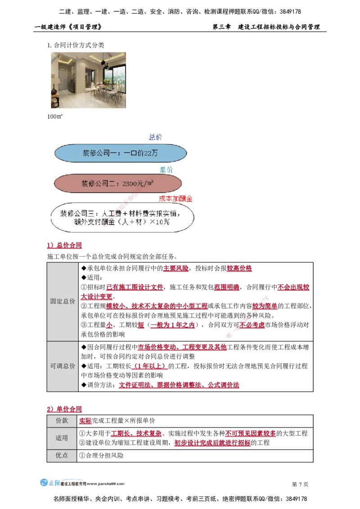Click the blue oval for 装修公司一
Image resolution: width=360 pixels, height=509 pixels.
(120, 153)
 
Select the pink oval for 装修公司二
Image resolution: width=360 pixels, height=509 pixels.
(117, 183)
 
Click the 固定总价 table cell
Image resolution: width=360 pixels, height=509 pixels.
(63, 302)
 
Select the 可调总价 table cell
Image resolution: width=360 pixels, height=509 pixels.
(63, 366)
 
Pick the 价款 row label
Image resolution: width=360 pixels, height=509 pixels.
(62, 421)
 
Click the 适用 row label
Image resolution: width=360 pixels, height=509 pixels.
(62, 438)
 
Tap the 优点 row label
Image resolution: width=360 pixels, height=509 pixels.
(62, 455)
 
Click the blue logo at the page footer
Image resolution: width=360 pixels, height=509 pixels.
(49, 483)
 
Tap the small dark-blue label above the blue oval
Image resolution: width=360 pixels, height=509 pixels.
(154, 137)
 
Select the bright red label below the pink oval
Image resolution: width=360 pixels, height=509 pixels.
(176, 198)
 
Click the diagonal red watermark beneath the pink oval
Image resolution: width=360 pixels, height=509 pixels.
(119, 211)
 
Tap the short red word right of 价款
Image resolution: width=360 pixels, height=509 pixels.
(85, 421)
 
